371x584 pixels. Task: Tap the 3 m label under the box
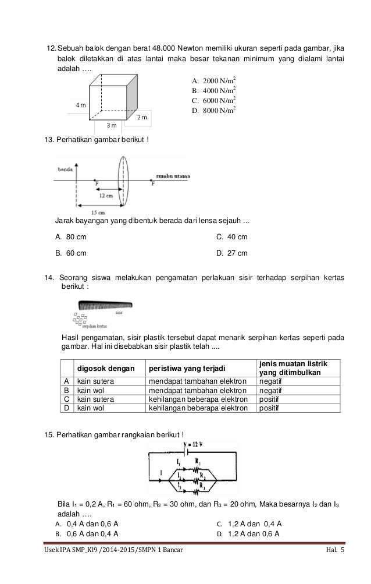pyautogui.click(x=112, y=125)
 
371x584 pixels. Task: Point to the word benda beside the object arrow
pyautogui.click(x=65, y=169)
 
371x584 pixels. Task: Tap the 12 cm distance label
pyautogui.click(x=105, y=196)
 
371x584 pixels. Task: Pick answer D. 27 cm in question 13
pyautogui.click(x=231, y=253)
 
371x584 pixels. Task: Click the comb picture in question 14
pyautogui.click(x=105, y=305)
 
